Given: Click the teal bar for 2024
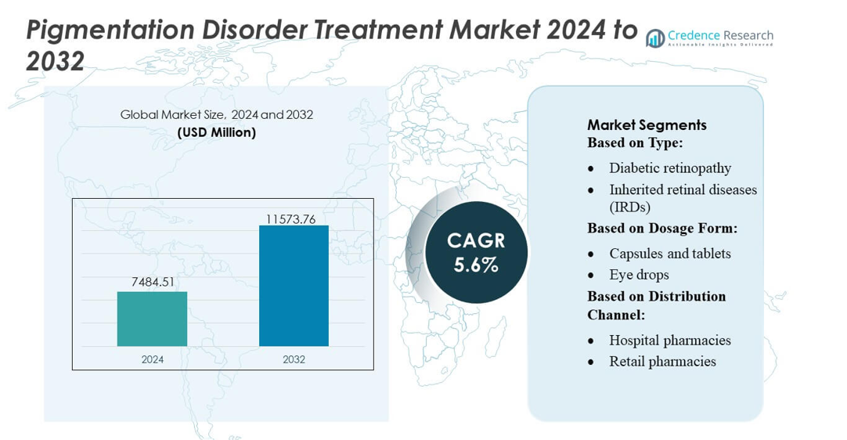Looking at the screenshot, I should pyautogui.click(x=152, y=319).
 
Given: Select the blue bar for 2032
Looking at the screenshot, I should pyautogui.click(x=294, y=286).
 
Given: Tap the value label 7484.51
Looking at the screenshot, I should pyautogui.click(x=153, y=282).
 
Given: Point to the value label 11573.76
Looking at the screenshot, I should pyautogui.click(x=290, y=219).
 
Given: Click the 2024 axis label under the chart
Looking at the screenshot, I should pyautogui.click(x=153, y=359).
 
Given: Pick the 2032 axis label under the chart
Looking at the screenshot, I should pyautogui.click(x=294, y=359).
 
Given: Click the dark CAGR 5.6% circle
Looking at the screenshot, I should pyautogui.click(x=476, y=252).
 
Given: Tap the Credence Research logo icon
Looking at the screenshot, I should pyautogui.click(x=654, y=38).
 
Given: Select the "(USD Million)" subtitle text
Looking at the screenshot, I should pyautogui.click(x=217, y=132).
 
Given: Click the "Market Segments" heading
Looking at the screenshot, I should pyautogui.click(x=647, y=124).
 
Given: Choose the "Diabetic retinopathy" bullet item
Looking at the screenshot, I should pyautogui.click(x=670, y=168).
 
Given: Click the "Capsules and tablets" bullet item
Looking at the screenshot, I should pyautogui.click(x=670, y=254).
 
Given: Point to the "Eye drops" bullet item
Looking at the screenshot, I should pyautogui.click(x=639, y=275).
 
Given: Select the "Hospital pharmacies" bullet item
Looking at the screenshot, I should pyautogui.click(x=670, y=340).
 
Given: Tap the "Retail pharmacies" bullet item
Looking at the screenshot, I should pyautogui.click(x=662, y=361).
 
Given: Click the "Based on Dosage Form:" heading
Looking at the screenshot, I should pyautogui.click(x=662, y=228).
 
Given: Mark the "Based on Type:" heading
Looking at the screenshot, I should pyautogui.click(x=635, y=142).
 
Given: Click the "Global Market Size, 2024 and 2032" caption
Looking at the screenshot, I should pyautogui.click(x=217, y=114).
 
